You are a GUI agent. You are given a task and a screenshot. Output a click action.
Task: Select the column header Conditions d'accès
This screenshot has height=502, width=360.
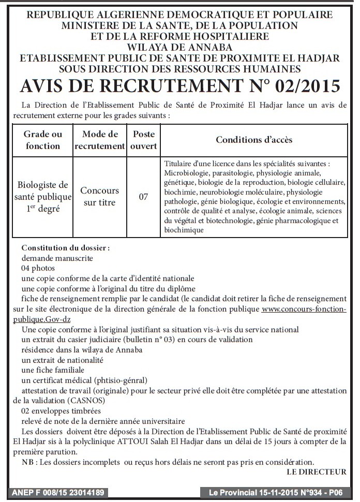pos(254,140)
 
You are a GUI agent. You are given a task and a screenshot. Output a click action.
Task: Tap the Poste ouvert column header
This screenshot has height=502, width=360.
pos(144,140)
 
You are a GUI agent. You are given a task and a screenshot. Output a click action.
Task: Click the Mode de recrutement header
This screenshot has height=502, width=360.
pos(100,140)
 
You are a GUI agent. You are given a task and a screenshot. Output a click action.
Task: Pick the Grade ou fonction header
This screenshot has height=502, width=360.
pos(43,140)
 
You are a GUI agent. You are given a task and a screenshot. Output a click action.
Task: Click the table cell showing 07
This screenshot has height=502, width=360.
pos(144,197)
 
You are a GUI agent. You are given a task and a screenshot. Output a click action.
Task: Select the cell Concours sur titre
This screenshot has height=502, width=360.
pos(100,197)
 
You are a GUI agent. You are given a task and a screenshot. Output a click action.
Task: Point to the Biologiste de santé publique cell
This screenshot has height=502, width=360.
pos(43,197)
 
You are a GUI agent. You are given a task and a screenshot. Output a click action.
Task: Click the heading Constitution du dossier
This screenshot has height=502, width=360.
pos(66,248)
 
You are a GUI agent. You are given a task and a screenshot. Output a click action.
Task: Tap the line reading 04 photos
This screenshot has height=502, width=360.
pos(38,268)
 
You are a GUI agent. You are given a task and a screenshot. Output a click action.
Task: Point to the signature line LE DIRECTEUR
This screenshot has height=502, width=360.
pos(316,471)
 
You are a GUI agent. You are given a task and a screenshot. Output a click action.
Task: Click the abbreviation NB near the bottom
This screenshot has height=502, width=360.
pos(28,462)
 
